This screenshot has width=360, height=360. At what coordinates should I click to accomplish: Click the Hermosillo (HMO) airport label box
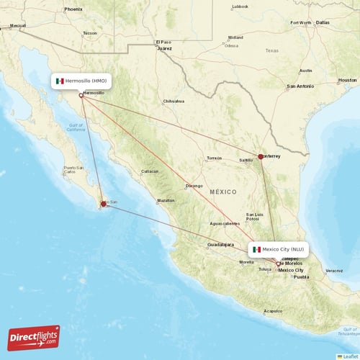[81, 81]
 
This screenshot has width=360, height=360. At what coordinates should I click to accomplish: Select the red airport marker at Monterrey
[261, 156]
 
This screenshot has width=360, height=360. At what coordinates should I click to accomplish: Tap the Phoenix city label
[73, 9]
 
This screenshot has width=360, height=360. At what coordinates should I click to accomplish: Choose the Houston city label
[347, 80]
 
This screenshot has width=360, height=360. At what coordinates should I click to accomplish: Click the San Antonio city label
[300, 86]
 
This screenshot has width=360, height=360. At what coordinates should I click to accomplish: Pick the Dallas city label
[322, 22]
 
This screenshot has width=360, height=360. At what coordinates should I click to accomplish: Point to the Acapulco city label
[272, 311]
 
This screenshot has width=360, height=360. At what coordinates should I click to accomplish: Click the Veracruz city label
[333, 271]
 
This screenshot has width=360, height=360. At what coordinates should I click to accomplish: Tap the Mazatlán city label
[166, 200]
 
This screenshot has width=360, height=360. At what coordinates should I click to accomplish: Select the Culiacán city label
[150, 171]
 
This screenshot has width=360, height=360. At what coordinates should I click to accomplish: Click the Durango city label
[194, 186]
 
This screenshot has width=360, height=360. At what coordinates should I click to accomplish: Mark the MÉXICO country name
[223, 192]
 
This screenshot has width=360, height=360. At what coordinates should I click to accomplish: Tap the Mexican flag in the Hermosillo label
[60, 81]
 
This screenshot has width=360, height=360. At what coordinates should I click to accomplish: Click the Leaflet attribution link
[349, 356]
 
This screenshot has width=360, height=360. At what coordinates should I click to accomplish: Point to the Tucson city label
[89, 33]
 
